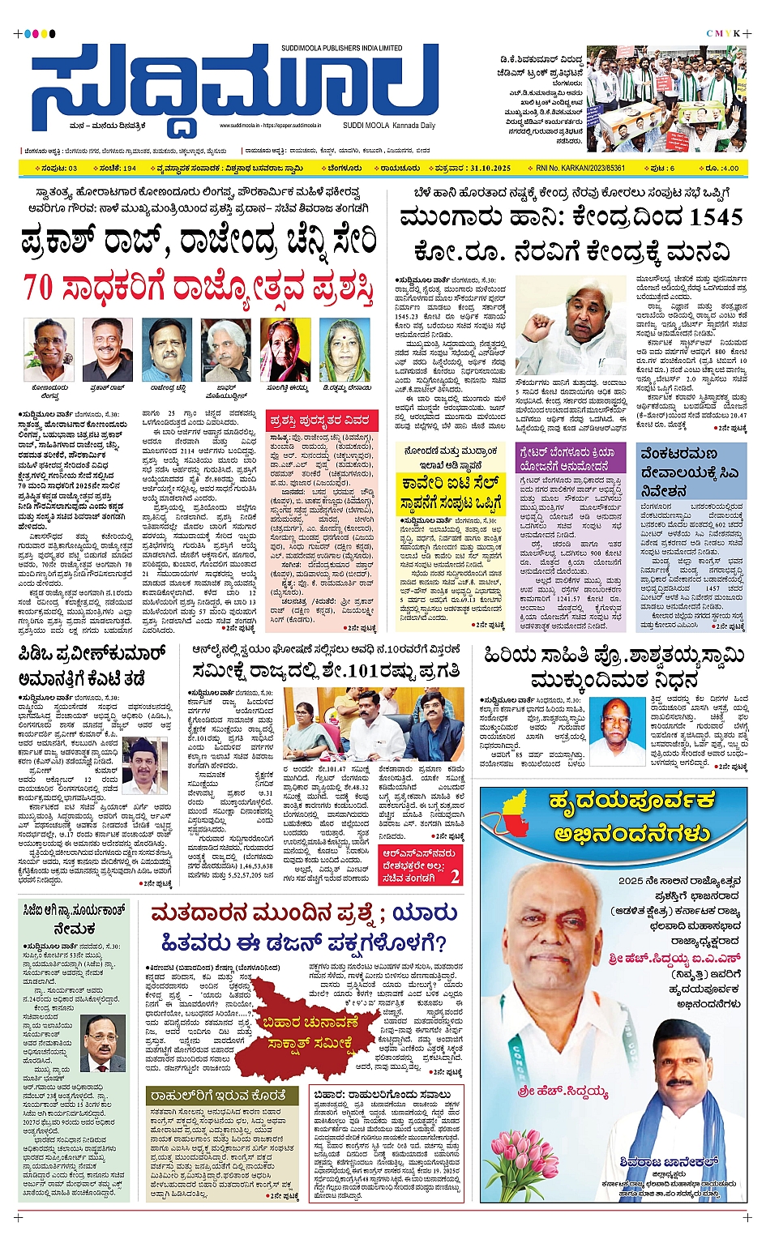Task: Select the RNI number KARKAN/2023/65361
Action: (580, 169)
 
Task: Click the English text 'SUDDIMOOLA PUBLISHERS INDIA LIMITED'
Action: (341, 49)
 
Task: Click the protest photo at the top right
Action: (665, 99)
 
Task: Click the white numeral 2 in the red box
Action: (455, 876)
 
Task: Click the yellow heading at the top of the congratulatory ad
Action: (630, 817)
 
